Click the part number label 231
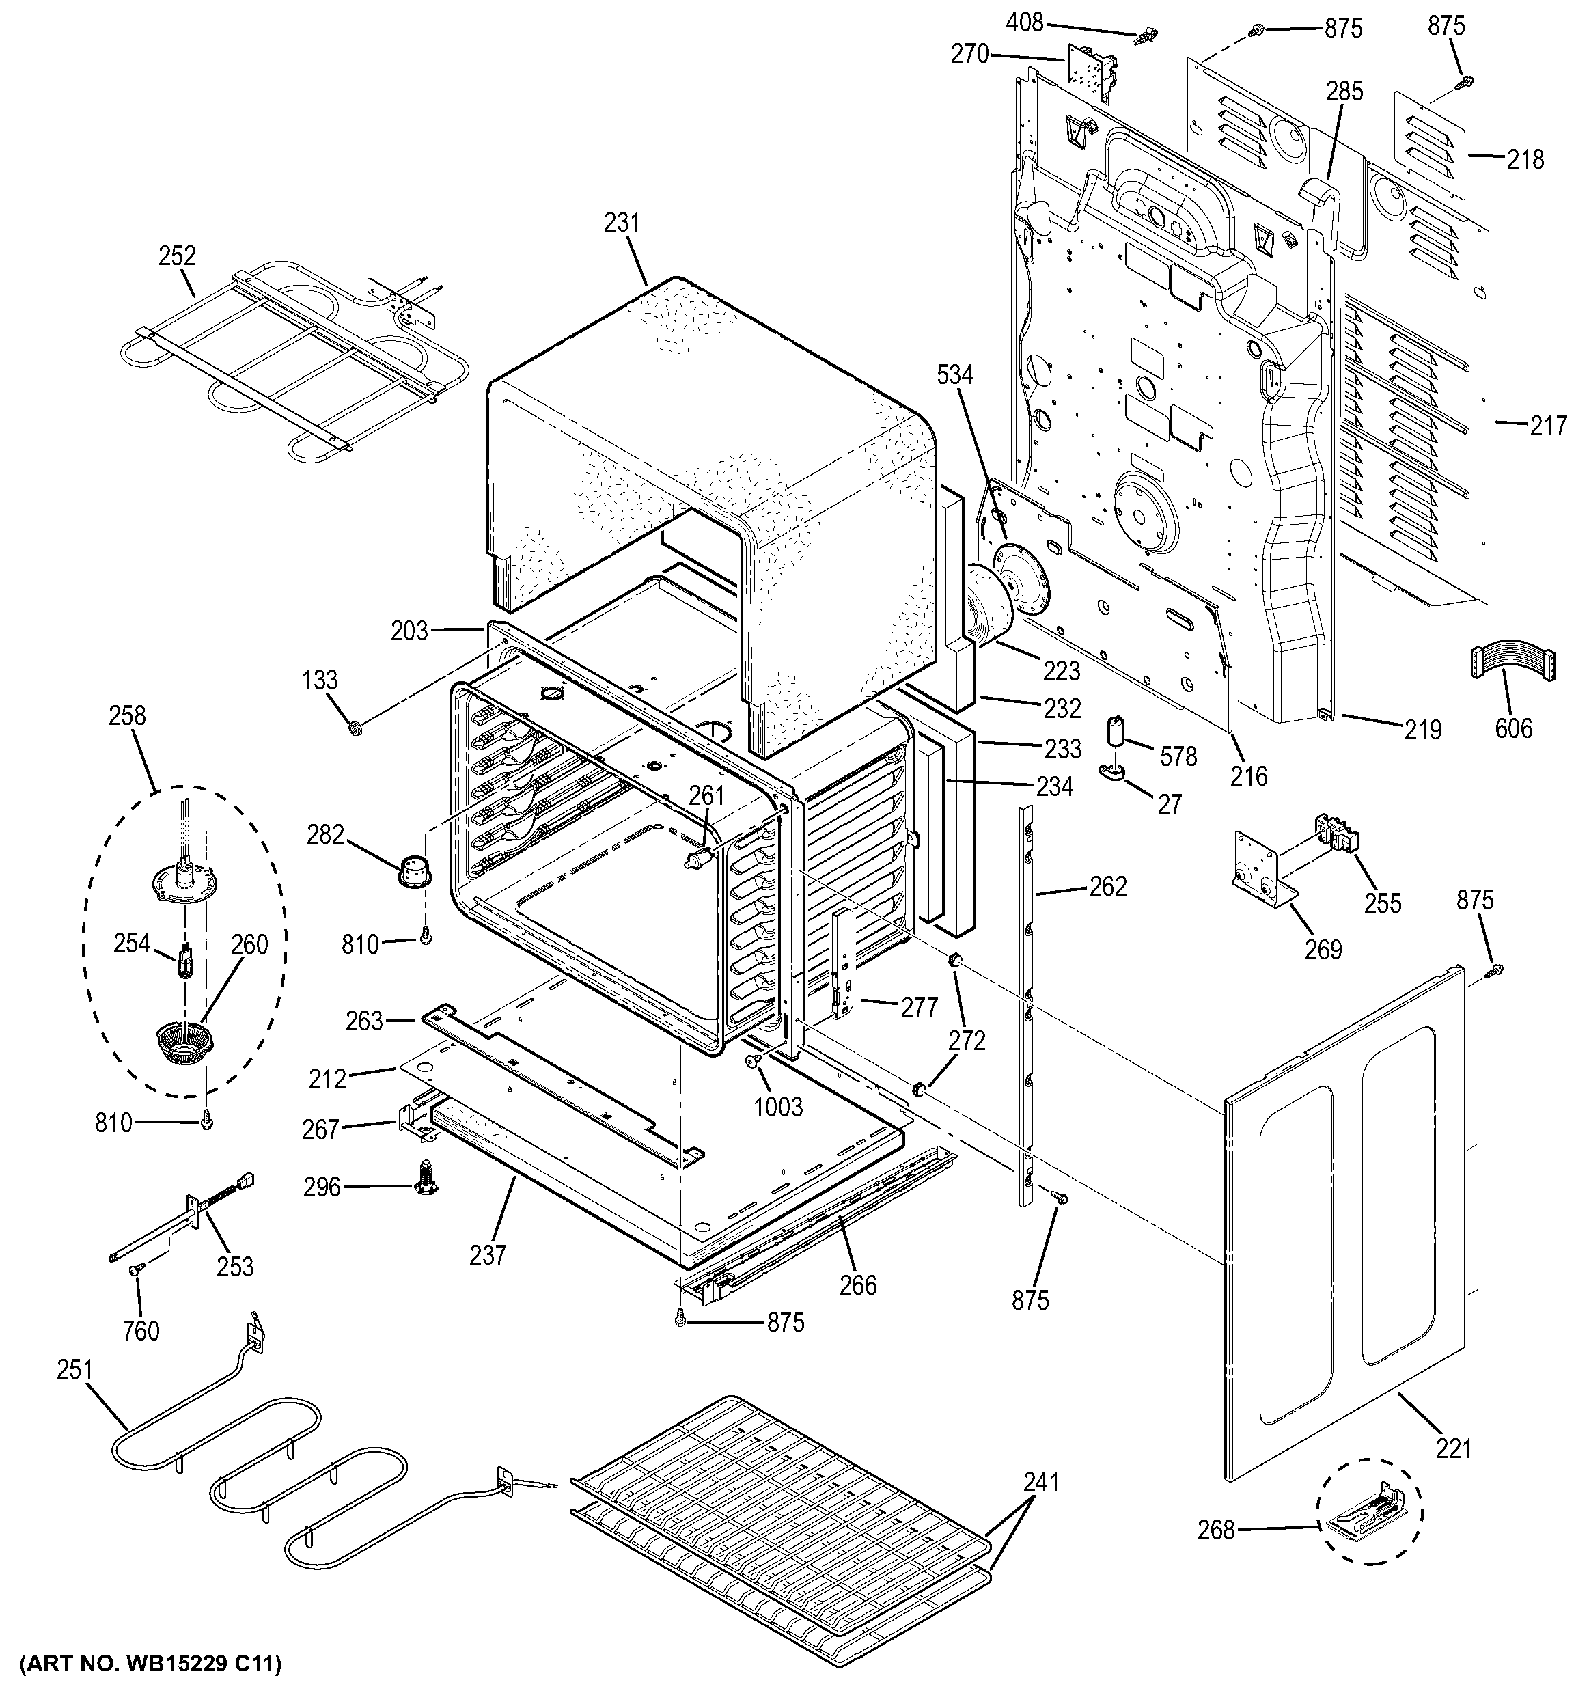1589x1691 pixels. [622, 223]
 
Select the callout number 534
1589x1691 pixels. [955, 374]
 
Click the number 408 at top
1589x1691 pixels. [1024, 23]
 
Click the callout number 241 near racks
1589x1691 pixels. [1041, 1482]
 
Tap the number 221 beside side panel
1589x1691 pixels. [1453, 1447]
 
